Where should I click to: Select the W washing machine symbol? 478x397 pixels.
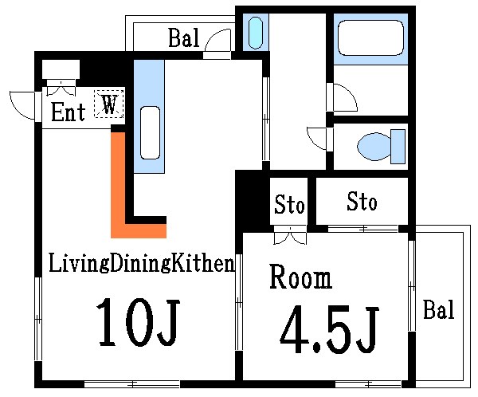click(x=109, y=104)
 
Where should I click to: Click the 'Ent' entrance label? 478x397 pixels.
click(x=69, y=112)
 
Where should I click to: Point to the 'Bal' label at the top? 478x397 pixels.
click(x=183, y=37)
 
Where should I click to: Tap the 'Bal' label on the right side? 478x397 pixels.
click(x=438, y=309)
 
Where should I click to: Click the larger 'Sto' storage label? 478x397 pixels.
click(x=362, y=202)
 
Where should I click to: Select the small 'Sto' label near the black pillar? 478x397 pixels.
click(x=289, y=206)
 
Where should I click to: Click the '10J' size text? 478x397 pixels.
click(x=139, y=322)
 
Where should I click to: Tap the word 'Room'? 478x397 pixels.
click(x=300, y=278)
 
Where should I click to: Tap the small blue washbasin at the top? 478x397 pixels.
click(x=255, y=32)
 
